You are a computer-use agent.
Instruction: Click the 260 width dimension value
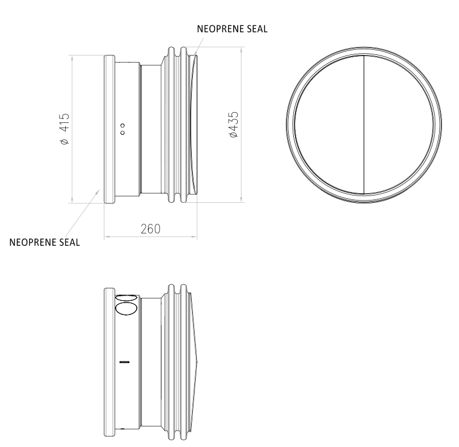tap(150, 229)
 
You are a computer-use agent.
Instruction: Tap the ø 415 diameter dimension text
tap(65, 129)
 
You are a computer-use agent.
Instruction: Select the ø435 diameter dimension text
tap(233, 125)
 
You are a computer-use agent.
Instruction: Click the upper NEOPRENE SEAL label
tap(232, 29)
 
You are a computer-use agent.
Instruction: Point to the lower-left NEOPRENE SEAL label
tap(44, 242)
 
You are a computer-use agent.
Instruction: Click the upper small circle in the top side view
tap(123, 126)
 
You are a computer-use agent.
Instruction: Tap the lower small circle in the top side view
tap(123, 133)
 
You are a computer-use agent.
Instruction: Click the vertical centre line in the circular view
tap(364, 125)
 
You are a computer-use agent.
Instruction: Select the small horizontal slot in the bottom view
tap(125, 362)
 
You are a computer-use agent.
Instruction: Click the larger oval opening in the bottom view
tap(127, 309)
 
